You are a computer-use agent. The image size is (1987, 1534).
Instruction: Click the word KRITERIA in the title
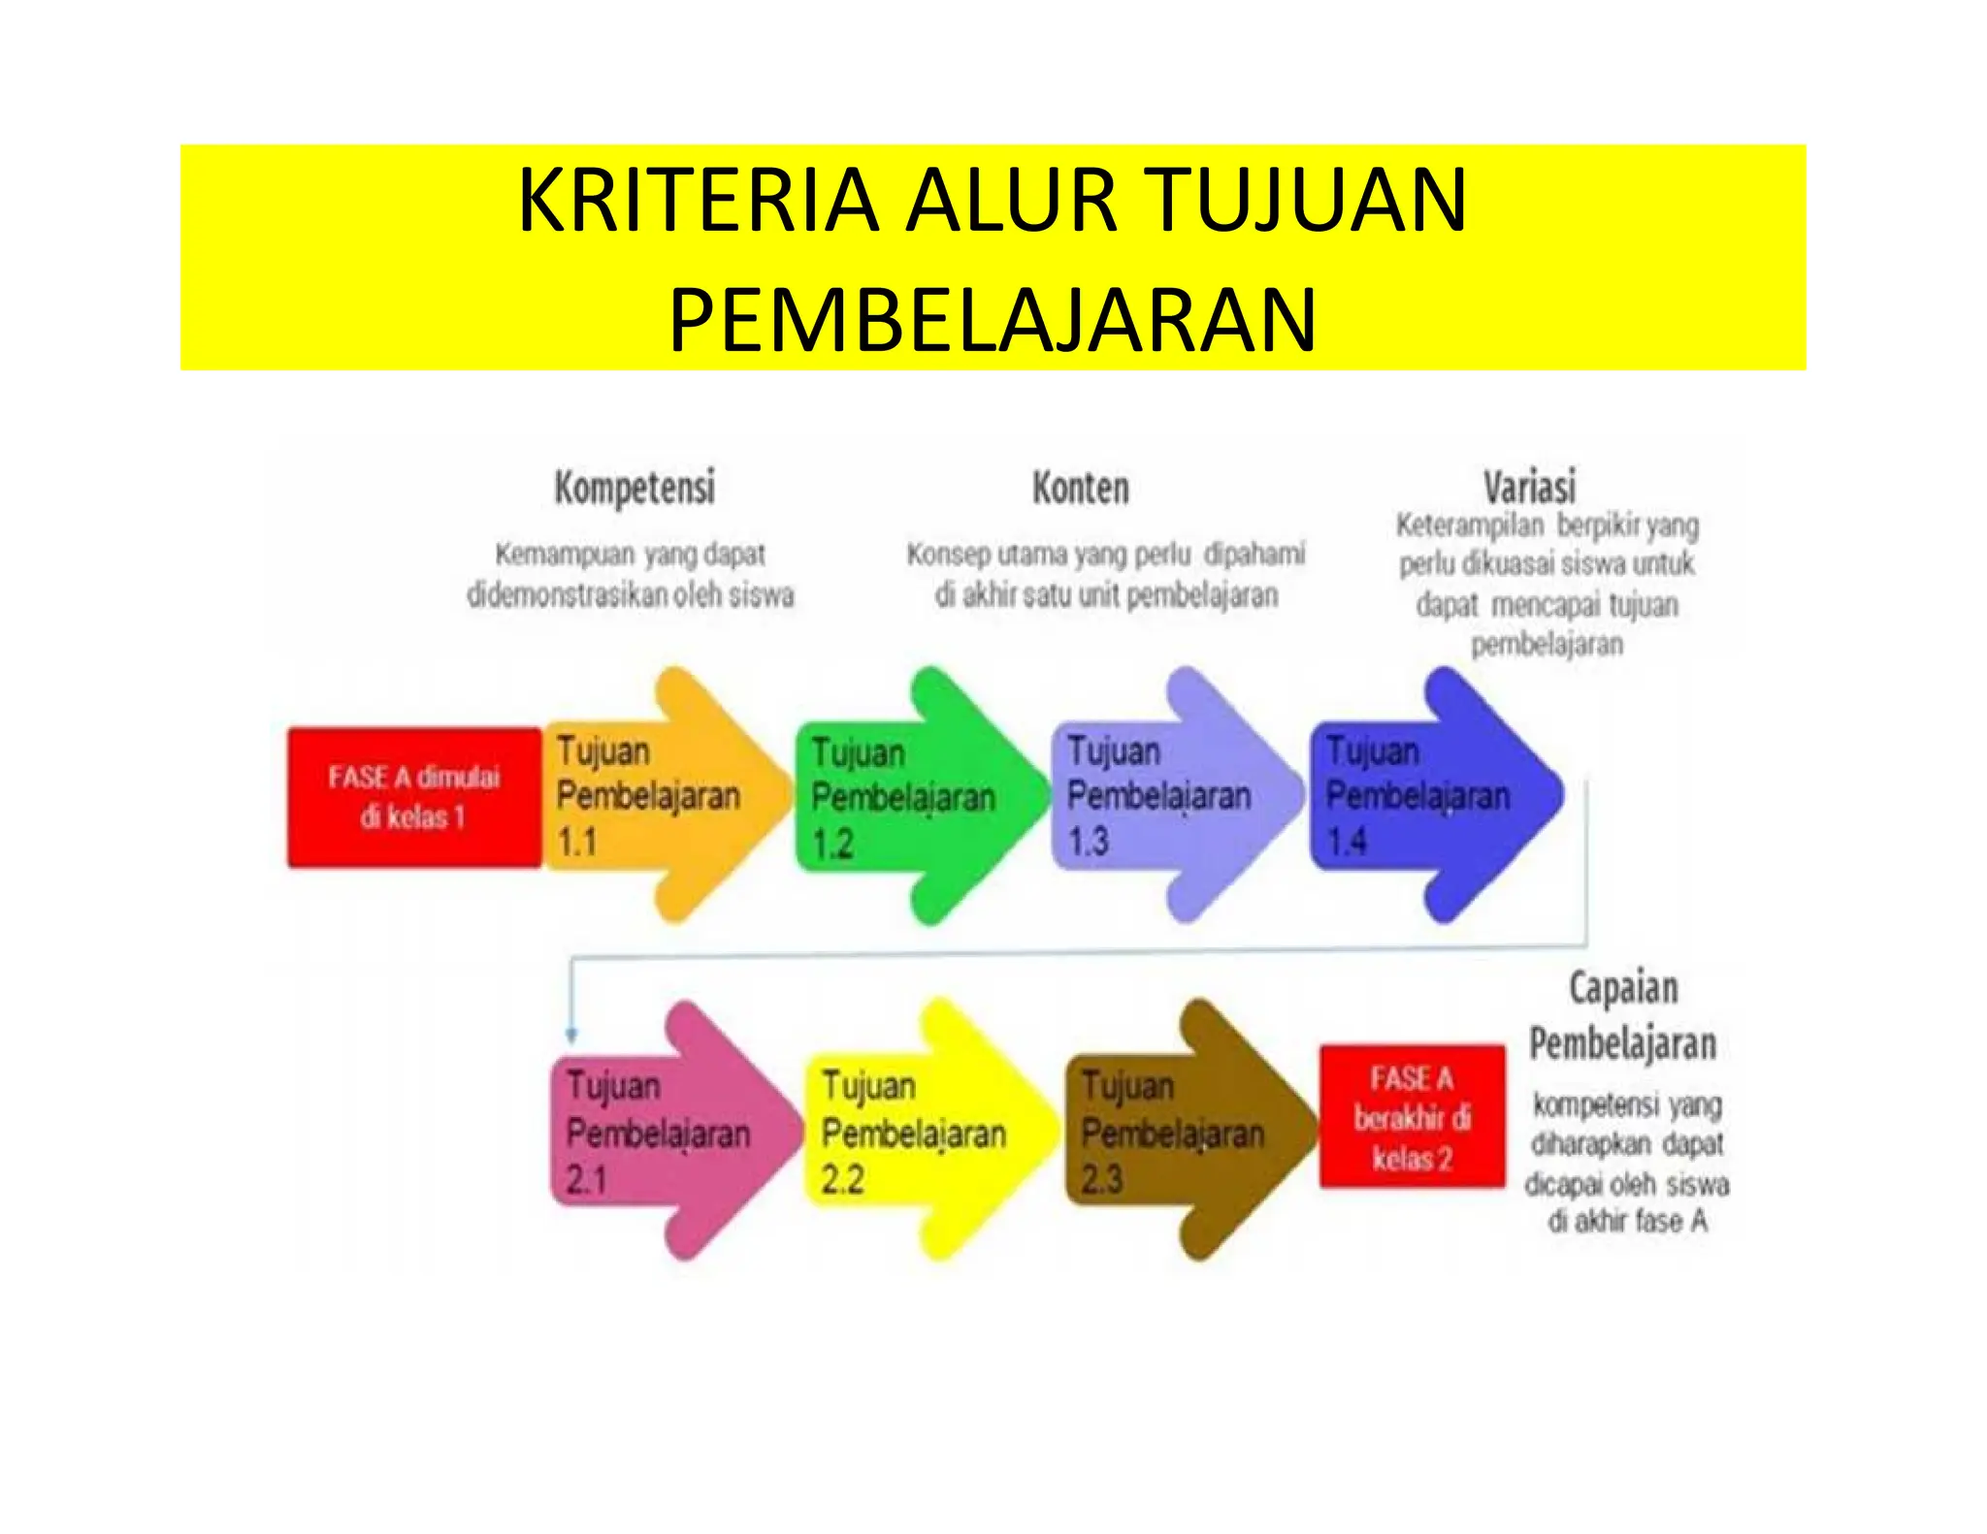pyautogui.click(x=698, y=202)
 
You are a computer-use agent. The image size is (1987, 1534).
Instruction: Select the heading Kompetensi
pyautogui.click(x=635, y=488)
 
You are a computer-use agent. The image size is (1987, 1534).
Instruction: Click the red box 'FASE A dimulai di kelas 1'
pyautogui.click(x=414, y=797)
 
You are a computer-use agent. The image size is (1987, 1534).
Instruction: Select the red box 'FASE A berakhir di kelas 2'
pyautogui.click(x=1412, y=1116)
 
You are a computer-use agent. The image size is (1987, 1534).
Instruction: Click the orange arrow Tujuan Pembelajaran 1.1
pyautogui.click(x=660, y=796)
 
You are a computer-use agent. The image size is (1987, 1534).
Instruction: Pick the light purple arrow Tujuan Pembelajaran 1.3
pyautogui.click(x=1170, y=796)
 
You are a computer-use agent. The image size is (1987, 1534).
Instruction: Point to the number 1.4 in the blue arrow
pyautogui.click(x=1347, y=841)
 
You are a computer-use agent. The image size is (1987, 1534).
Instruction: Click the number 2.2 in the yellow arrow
pyautogui.click(x=842, y=1179)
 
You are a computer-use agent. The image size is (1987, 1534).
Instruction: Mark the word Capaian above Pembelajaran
pyautogui.click(x=1623, y=988)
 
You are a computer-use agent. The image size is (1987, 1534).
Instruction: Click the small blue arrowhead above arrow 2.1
pyautogui.click(x=571, y=1035)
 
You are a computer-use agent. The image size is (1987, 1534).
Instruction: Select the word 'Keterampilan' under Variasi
pyautogui.click(x=1469, y=526)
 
